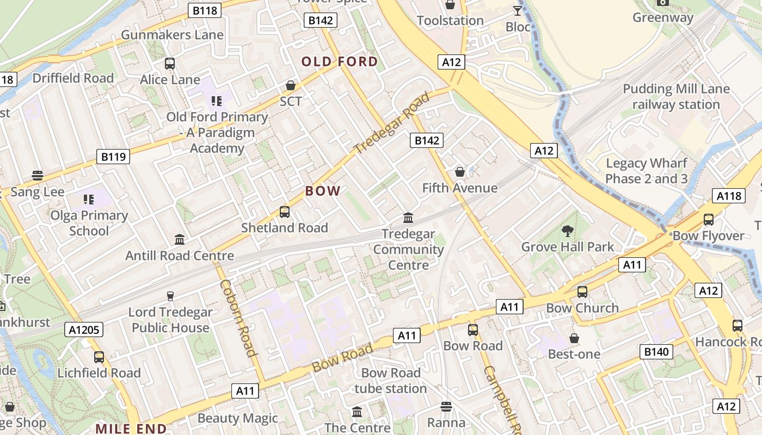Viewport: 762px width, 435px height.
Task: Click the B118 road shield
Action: click(205, 10)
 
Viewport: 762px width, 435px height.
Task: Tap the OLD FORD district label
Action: click(340, 61)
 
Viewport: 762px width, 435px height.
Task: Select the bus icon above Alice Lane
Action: click(170, 64)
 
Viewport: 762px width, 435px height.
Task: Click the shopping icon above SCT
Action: click(291, 86)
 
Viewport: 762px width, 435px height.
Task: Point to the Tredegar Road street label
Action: click(391, 124)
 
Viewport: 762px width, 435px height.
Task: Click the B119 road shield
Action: click(113, 157)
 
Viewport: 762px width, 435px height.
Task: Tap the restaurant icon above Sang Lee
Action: click(38, 176)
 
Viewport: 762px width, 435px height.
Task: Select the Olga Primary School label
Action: click(89, 223)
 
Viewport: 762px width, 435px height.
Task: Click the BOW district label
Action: click(323, 191)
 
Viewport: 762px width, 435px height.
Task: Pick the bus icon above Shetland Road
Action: click(284, 212)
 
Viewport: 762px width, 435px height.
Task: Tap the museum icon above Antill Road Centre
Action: click(180, 240)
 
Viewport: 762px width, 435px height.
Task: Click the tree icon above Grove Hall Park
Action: click(568, 231)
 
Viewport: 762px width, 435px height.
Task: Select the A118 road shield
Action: click(728, 196)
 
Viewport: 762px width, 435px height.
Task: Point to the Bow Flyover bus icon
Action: click(709, 220)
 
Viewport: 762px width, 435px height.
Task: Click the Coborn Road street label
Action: click(238, 318)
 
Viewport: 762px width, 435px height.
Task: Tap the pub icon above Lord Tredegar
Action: click(170, 296)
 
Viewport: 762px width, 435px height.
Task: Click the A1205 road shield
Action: click(83, 329)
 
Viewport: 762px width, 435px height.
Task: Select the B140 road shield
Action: click(656, 351)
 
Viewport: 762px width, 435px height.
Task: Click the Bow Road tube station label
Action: click(391, 381)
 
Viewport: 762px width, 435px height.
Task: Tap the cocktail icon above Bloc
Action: click(518, 11)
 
